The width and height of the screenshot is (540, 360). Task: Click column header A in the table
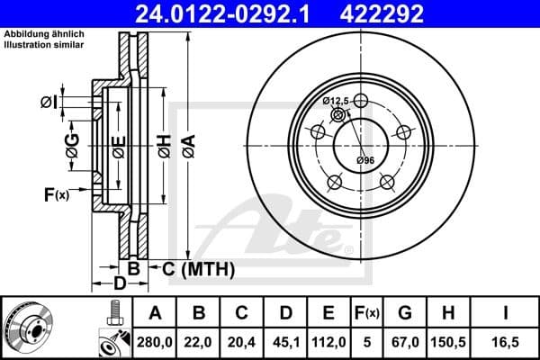[154, 313]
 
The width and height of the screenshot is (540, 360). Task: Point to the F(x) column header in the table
[367, 313]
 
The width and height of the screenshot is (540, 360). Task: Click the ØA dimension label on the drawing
[187, 146]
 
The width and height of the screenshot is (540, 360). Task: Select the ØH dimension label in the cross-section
[163, 146]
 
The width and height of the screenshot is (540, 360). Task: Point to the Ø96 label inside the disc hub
[364, 160]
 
